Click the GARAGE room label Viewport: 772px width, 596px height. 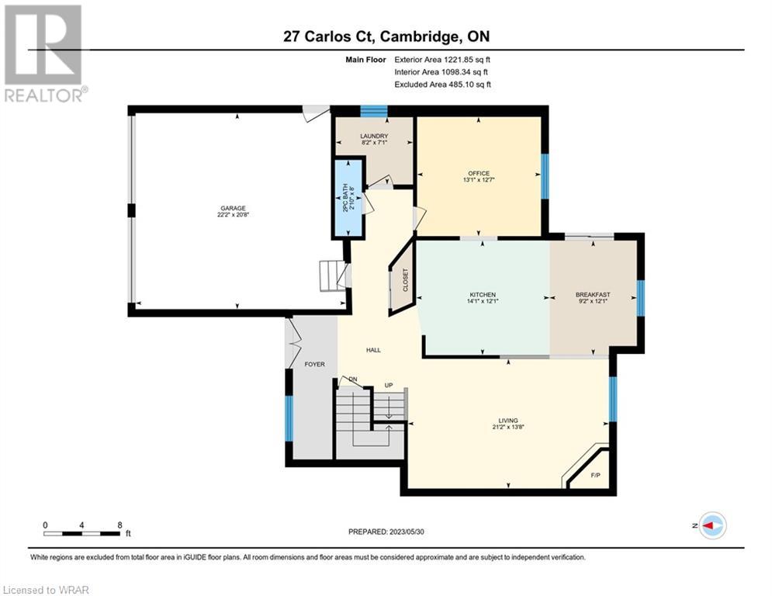coord(233,208)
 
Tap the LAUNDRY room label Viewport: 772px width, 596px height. coord(374,136)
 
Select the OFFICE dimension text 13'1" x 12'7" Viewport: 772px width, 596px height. coord(479,180)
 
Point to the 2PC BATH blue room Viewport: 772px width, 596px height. coord(348,198)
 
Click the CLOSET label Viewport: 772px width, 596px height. coord(406,280)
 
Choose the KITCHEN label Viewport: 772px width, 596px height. coord(482,295)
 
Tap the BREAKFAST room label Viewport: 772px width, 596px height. coord(593,295)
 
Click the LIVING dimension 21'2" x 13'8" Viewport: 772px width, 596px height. coord(508,427)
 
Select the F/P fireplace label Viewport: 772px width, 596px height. coord(595,475)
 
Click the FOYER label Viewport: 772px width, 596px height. coord(314,365)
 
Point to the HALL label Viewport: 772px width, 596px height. coord(373,350)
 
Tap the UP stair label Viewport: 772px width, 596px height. coord(389,385)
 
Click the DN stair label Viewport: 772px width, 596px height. coord(353,379)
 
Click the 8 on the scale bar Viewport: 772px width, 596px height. coord(119,525)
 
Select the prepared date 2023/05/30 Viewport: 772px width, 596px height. coord(407,532)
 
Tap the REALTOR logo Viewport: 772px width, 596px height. coord(43,54)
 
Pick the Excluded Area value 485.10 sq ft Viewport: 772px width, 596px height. coord(469,85)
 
